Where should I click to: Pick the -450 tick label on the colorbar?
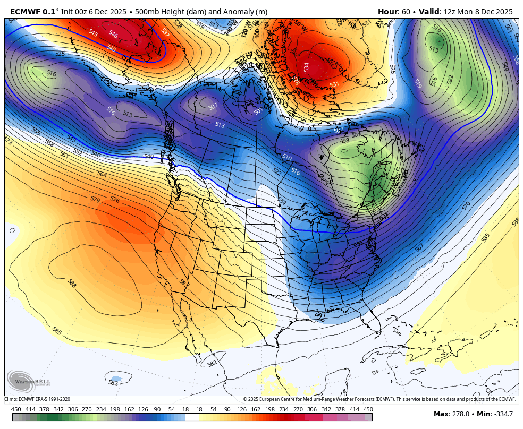coord(15,409)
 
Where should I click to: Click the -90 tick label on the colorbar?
coord(156,409)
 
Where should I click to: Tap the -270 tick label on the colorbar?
coord(86,409)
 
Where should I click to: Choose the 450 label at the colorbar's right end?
coord(368,409)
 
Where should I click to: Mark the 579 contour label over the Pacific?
coord(95,200)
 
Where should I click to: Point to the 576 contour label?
coord(115,200)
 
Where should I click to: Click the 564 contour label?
coord(102,174)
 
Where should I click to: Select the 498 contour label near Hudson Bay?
coord(344,140)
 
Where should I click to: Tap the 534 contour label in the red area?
coord(306,67)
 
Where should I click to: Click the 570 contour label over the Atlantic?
coord(466,205)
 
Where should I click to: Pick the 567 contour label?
coord(419,247)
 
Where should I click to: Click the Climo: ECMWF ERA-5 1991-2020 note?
coord(37,399)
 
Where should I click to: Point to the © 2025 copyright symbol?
coord(246,399)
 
